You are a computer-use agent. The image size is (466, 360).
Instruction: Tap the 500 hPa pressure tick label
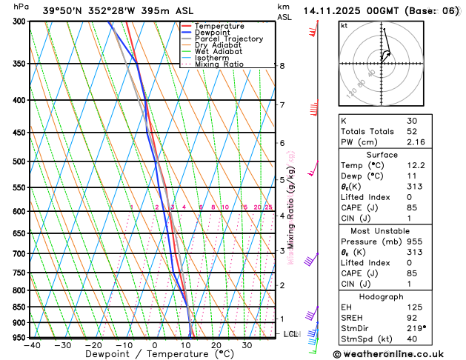[15, 161]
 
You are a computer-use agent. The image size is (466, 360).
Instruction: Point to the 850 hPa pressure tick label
[15, 307]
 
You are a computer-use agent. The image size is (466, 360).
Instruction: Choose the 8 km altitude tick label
[282, 66]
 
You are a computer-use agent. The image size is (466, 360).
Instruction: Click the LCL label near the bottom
[290, 334]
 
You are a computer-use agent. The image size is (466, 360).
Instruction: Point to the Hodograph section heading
[397, 296]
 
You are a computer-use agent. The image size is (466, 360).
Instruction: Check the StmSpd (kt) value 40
[412, 339]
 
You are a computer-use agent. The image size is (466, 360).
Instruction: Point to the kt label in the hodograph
[344, 25]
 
